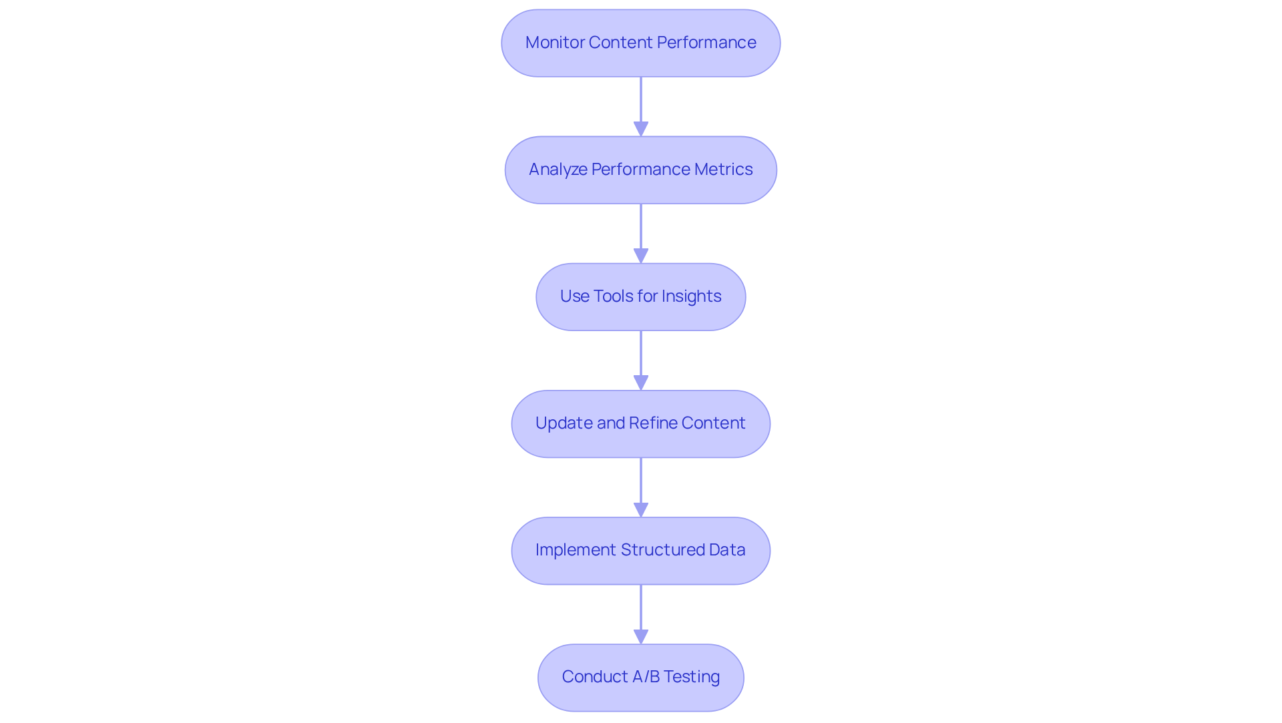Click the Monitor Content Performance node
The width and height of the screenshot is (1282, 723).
tap(640, 43)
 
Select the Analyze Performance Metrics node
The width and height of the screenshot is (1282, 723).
tap(640, 170)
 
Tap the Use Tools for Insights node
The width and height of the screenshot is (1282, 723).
tap(640, 296)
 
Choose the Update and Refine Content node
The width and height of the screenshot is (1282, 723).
tap(640, 423)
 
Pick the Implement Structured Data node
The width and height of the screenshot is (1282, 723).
tap(640, 550)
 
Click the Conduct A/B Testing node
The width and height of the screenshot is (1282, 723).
tap(640, 677)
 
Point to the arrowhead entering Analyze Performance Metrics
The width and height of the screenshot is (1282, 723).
tap(641, 129)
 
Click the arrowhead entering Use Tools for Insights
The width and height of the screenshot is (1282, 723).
tap(641, 256)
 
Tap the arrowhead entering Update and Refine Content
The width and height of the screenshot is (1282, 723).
tap(641, 383)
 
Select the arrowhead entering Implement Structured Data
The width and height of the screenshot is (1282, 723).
tap(641, 509)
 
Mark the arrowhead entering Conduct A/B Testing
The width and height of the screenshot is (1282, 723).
tap(641, 636)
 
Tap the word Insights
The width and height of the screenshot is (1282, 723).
tap(691, 296)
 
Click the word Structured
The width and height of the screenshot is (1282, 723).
tap(662, 550)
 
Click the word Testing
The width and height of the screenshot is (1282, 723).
tap(691, 677)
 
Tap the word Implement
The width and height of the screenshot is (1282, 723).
tap(575, 550)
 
